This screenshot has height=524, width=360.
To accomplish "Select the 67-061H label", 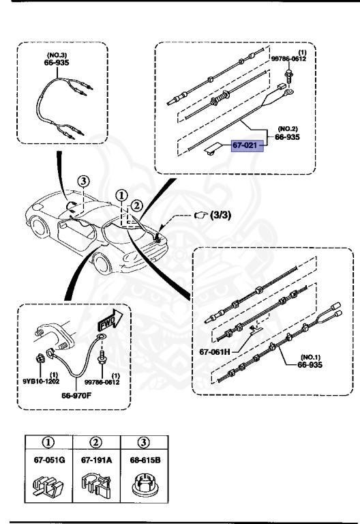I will [216, 352].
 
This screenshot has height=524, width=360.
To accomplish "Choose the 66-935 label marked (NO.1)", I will [310, 365].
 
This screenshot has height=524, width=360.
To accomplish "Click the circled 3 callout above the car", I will [82, 181].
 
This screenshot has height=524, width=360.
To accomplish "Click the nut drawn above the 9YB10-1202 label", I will [40, 358].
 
